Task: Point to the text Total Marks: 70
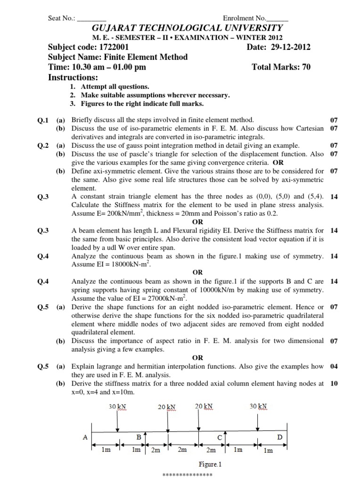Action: coord(281,67)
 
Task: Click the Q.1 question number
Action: coord(43,120)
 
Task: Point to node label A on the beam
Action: coord(85,437)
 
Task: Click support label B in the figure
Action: coord(139,437)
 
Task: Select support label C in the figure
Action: coord(220,437)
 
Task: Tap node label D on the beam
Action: coord(280,437)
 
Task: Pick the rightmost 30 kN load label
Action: coord(259,406)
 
